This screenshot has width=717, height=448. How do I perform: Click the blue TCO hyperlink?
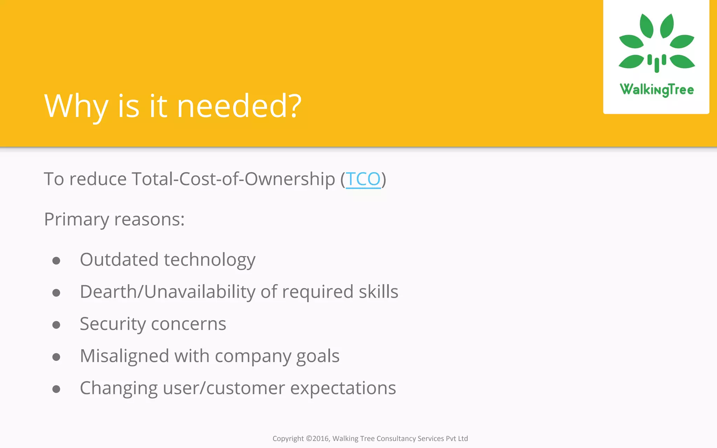coord(363,179)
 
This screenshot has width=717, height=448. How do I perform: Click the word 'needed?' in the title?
coord(239,106)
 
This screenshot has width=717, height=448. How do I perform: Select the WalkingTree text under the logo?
coord(656,90)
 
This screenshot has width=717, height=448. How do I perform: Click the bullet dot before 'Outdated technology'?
coord(56,261)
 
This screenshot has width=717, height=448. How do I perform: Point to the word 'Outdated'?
coord(119,260)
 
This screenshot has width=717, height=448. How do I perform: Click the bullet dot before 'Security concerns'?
coord(56,325)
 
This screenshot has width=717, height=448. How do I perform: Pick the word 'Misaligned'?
coord(125,356)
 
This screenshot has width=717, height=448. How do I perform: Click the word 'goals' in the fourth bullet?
coord(318,356)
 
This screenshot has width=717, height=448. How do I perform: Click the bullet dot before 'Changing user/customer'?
coord(56,389)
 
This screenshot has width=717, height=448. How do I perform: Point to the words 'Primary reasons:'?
coord(114,220)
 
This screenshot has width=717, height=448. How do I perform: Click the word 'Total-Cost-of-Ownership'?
coord(233,179)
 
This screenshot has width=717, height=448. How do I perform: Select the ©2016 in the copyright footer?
coord(318,439)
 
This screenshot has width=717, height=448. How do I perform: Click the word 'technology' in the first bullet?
coord(209,260)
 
